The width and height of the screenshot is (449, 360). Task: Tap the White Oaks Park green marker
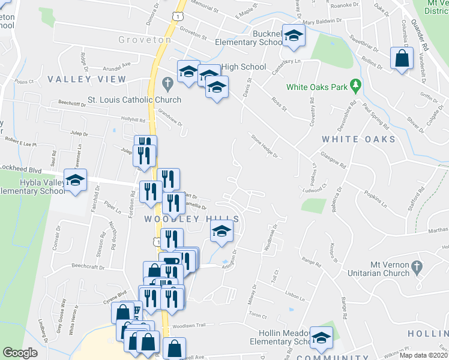click(355, 86)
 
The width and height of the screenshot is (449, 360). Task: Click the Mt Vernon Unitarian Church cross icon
click(420, 265)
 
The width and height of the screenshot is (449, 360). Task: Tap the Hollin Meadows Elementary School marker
click(321, 338)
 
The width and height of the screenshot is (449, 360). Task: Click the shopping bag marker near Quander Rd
click(402, 59)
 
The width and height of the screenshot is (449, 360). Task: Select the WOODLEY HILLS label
click(192, 220)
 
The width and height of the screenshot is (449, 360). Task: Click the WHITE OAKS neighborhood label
click(359, 139)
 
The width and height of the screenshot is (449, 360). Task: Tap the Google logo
click(20, 353)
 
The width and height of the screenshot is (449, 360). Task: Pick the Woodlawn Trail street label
click(189, 325)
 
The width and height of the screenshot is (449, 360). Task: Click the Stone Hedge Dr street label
click(264, 146)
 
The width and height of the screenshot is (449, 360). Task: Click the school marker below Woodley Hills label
click(221, 232)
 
